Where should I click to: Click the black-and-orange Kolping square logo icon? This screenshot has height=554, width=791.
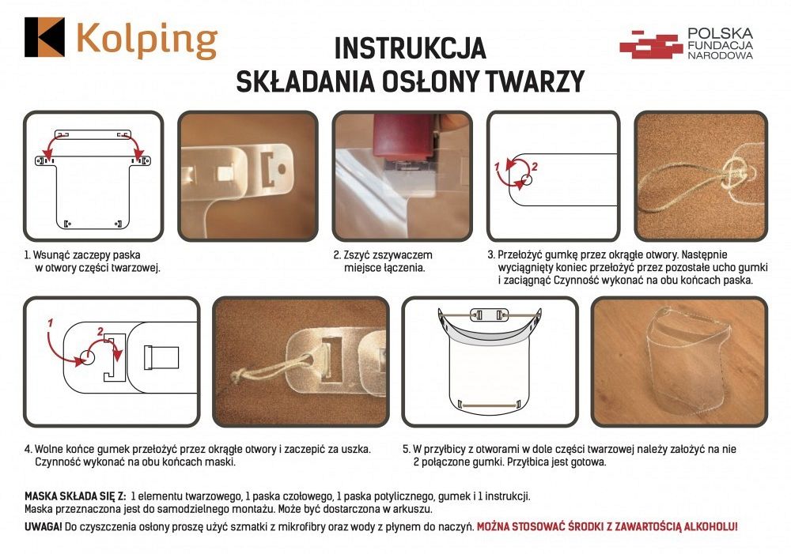[x=44, y=37]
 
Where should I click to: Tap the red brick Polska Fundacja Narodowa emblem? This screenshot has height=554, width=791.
[x=650, y=44]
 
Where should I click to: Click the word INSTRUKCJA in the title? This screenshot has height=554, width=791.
[x=410, y=48]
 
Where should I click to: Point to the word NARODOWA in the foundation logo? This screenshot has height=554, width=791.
[x=720, y=56]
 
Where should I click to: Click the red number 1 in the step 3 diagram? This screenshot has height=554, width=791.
[x=497, y=168]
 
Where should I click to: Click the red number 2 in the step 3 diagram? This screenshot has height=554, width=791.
[x=534, y=167]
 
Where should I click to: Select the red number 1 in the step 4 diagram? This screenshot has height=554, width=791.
[x=50, y=323]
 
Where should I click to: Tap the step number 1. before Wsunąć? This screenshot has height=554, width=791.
[x=28, y=255]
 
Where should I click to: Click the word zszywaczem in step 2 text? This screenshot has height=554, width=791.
[x=407, y=255]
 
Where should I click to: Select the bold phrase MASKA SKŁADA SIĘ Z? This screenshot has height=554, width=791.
[x=76, y=496]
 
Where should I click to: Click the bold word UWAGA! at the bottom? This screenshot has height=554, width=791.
[x=44, y=525]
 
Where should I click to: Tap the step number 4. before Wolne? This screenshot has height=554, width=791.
[x=29, y=449]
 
